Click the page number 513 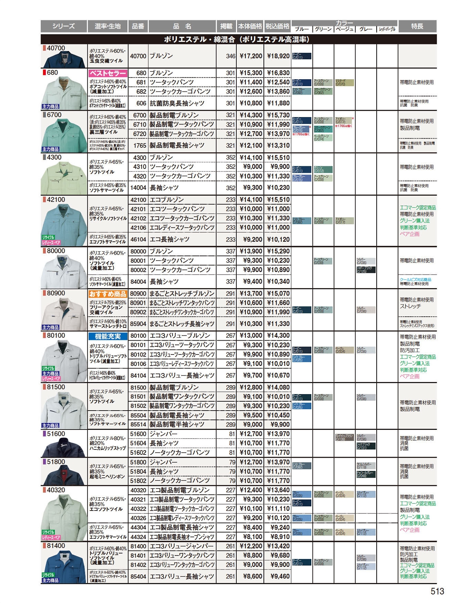point(437,591)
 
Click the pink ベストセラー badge point(107,73)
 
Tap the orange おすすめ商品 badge point(107,294)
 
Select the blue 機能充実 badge point(107,336)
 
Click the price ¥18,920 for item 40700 point(278,56)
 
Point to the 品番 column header point(138,26)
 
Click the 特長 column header point(417,26)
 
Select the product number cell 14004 point(138,187)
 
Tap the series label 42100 point(56,200)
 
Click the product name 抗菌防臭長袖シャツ point(177,103)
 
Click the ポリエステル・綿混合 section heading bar point(238,39)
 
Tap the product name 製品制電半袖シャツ point(177,424)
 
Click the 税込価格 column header point(277,26)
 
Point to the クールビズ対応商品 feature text point(415,279)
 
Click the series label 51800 point(56,462)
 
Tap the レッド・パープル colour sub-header point(387,29)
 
